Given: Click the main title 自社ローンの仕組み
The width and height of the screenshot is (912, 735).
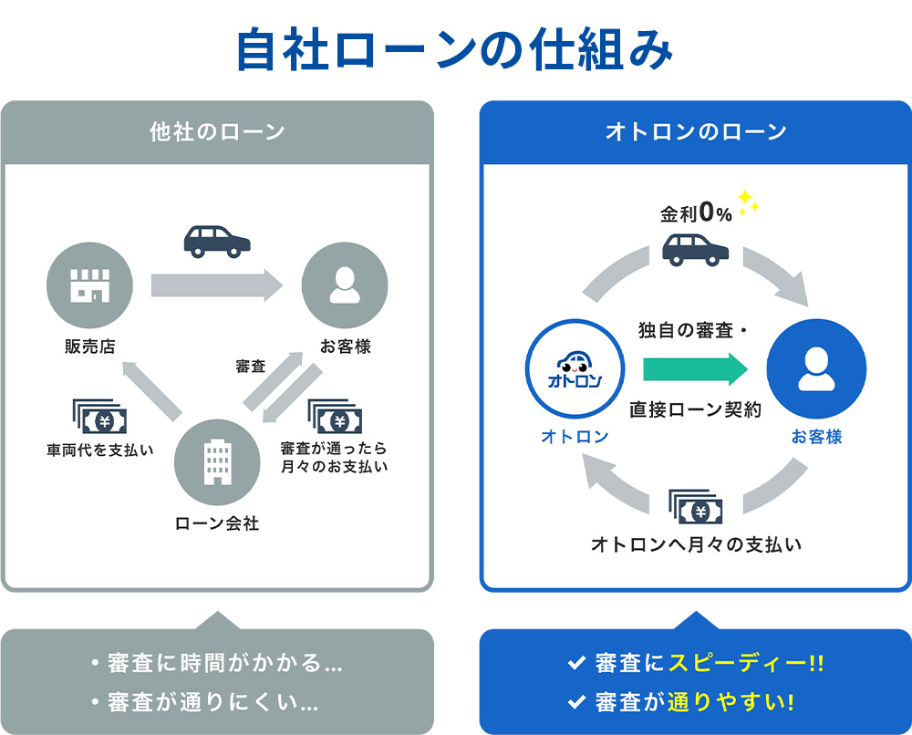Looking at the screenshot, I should [x=455, y=51].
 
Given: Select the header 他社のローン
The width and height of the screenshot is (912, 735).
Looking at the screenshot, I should [x=217, y=132].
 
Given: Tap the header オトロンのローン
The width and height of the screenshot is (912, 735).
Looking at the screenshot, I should [x=696, y=132].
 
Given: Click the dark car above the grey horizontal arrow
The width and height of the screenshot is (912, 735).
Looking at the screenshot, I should [x=217, y=241].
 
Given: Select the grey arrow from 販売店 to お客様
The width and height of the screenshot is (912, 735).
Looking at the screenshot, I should [x=217, y=285].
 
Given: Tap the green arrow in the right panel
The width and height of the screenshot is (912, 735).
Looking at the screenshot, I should [x=695, y=369].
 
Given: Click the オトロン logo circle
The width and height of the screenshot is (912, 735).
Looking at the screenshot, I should [x=575, y=368].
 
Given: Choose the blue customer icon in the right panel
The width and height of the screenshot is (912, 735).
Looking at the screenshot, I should [x=816, y=368].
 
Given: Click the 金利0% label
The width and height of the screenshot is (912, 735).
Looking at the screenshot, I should [x=697, y=214].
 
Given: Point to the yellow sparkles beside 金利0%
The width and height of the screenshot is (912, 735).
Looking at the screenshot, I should [x=748, y=203].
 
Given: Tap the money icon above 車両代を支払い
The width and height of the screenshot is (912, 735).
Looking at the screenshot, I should [x=98, y=419].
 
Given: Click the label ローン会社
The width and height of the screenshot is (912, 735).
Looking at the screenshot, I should [x=217, y=523].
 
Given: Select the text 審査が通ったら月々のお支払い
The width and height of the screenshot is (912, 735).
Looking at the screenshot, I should [x=334, y=458].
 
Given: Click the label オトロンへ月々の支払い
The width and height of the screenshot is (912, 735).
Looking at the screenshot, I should [x=696, y=544].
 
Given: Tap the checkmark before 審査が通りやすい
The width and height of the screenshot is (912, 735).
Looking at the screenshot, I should [x=575, y=702].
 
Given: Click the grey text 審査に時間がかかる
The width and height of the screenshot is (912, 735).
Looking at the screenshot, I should [x=217, y=663].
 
